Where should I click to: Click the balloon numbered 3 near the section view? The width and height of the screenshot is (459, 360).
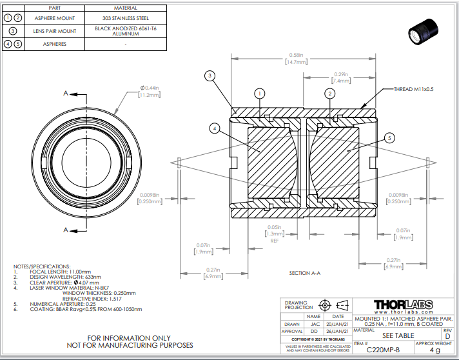(210, 76)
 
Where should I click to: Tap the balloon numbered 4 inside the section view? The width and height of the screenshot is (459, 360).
(214, 129)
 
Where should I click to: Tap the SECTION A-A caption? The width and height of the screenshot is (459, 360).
(305, 274)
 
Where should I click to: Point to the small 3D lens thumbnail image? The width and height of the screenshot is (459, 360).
(424, 30)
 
